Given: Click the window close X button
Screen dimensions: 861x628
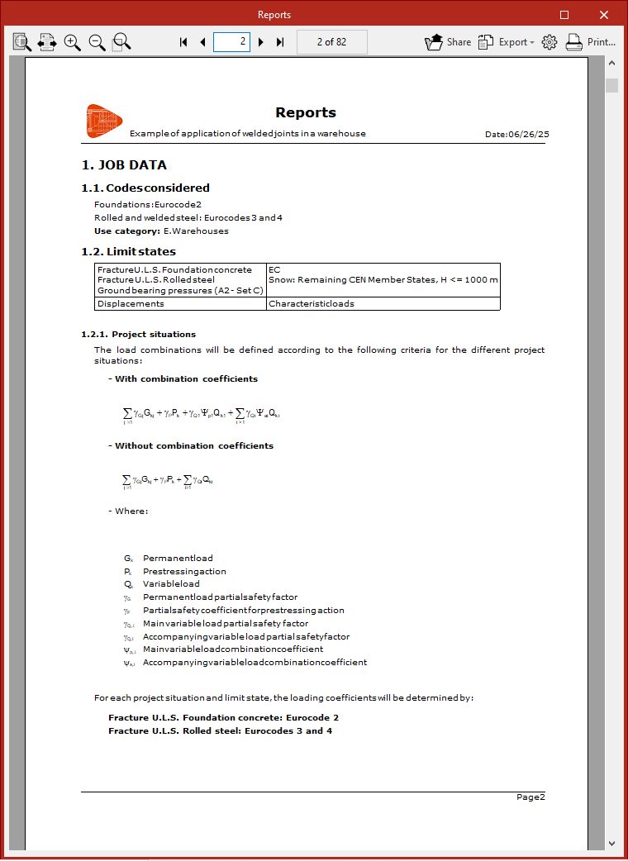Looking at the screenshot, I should click(x=604, y=14).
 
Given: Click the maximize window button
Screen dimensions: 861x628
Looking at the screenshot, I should click(x=564, y=14).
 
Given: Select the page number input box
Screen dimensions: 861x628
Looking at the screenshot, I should click(x=231, y=42).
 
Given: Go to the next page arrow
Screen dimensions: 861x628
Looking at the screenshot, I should click(x=261, y=42).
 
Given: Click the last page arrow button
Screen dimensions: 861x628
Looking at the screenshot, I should click(x=280, y=42).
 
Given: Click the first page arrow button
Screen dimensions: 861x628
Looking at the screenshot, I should click(x=183, y=42).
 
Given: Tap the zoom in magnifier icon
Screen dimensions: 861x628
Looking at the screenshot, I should click(x=73, y=42).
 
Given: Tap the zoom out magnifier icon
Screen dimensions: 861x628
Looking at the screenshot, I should click(x=97, y=42).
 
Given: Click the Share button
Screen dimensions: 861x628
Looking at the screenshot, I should click(x=448, y=42).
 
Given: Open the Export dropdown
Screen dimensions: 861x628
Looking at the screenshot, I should click(x=507, y=42).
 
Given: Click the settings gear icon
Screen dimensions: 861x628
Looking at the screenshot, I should click(x=549, y=42).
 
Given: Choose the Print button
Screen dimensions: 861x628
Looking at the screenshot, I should click(x=591, y=42).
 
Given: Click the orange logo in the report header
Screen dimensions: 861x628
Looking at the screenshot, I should click(x=104, y=121).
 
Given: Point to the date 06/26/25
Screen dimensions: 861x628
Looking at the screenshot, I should click(x=528, y=134).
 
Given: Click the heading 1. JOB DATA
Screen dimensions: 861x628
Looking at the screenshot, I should click(x=124, y=165).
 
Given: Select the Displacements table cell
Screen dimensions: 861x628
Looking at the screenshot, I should click(x=131, y=304).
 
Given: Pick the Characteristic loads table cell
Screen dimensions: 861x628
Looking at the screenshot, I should click(x=311, y=304).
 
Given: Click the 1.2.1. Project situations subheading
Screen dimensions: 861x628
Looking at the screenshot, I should click(x=138, y=335).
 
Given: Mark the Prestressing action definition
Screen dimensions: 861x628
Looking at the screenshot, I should click(x=184, y=571).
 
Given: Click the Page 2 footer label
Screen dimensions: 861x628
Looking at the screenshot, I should click(x=530, y=797).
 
